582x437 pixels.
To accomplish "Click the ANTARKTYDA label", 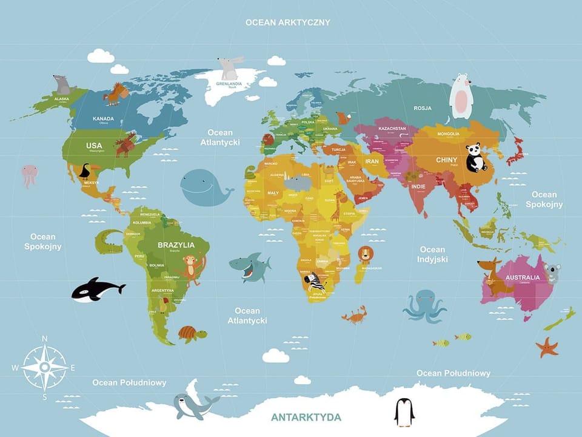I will point(306,417).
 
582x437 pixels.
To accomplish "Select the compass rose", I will point(44,367).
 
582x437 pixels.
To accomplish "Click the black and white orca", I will point(96,290).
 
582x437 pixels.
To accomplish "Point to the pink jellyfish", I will point(29,175).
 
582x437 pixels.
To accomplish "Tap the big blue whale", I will point(204,188).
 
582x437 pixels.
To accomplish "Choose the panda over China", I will point(476,158).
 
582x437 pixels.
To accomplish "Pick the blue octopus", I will point(424,305).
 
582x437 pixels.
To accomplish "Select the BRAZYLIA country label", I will point(176,245).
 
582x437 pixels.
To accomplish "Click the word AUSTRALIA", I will point(522,277).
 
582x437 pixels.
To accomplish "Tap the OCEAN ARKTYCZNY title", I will point(287,22).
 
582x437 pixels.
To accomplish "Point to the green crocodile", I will point(109,241).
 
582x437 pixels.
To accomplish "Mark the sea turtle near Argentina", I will point(192,333).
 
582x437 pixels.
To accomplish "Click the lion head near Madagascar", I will point(365,254).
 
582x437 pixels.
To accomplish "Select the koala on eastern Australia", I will point(552,273).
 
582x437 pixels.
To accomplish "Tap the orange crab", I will point(354,314).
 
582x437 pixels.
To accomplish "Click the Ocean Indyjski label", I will point(433,254).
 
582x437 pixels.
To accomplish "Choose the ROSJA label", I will point(423,108).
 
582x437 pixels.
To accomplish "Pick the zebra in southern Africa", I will point(315,282).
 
